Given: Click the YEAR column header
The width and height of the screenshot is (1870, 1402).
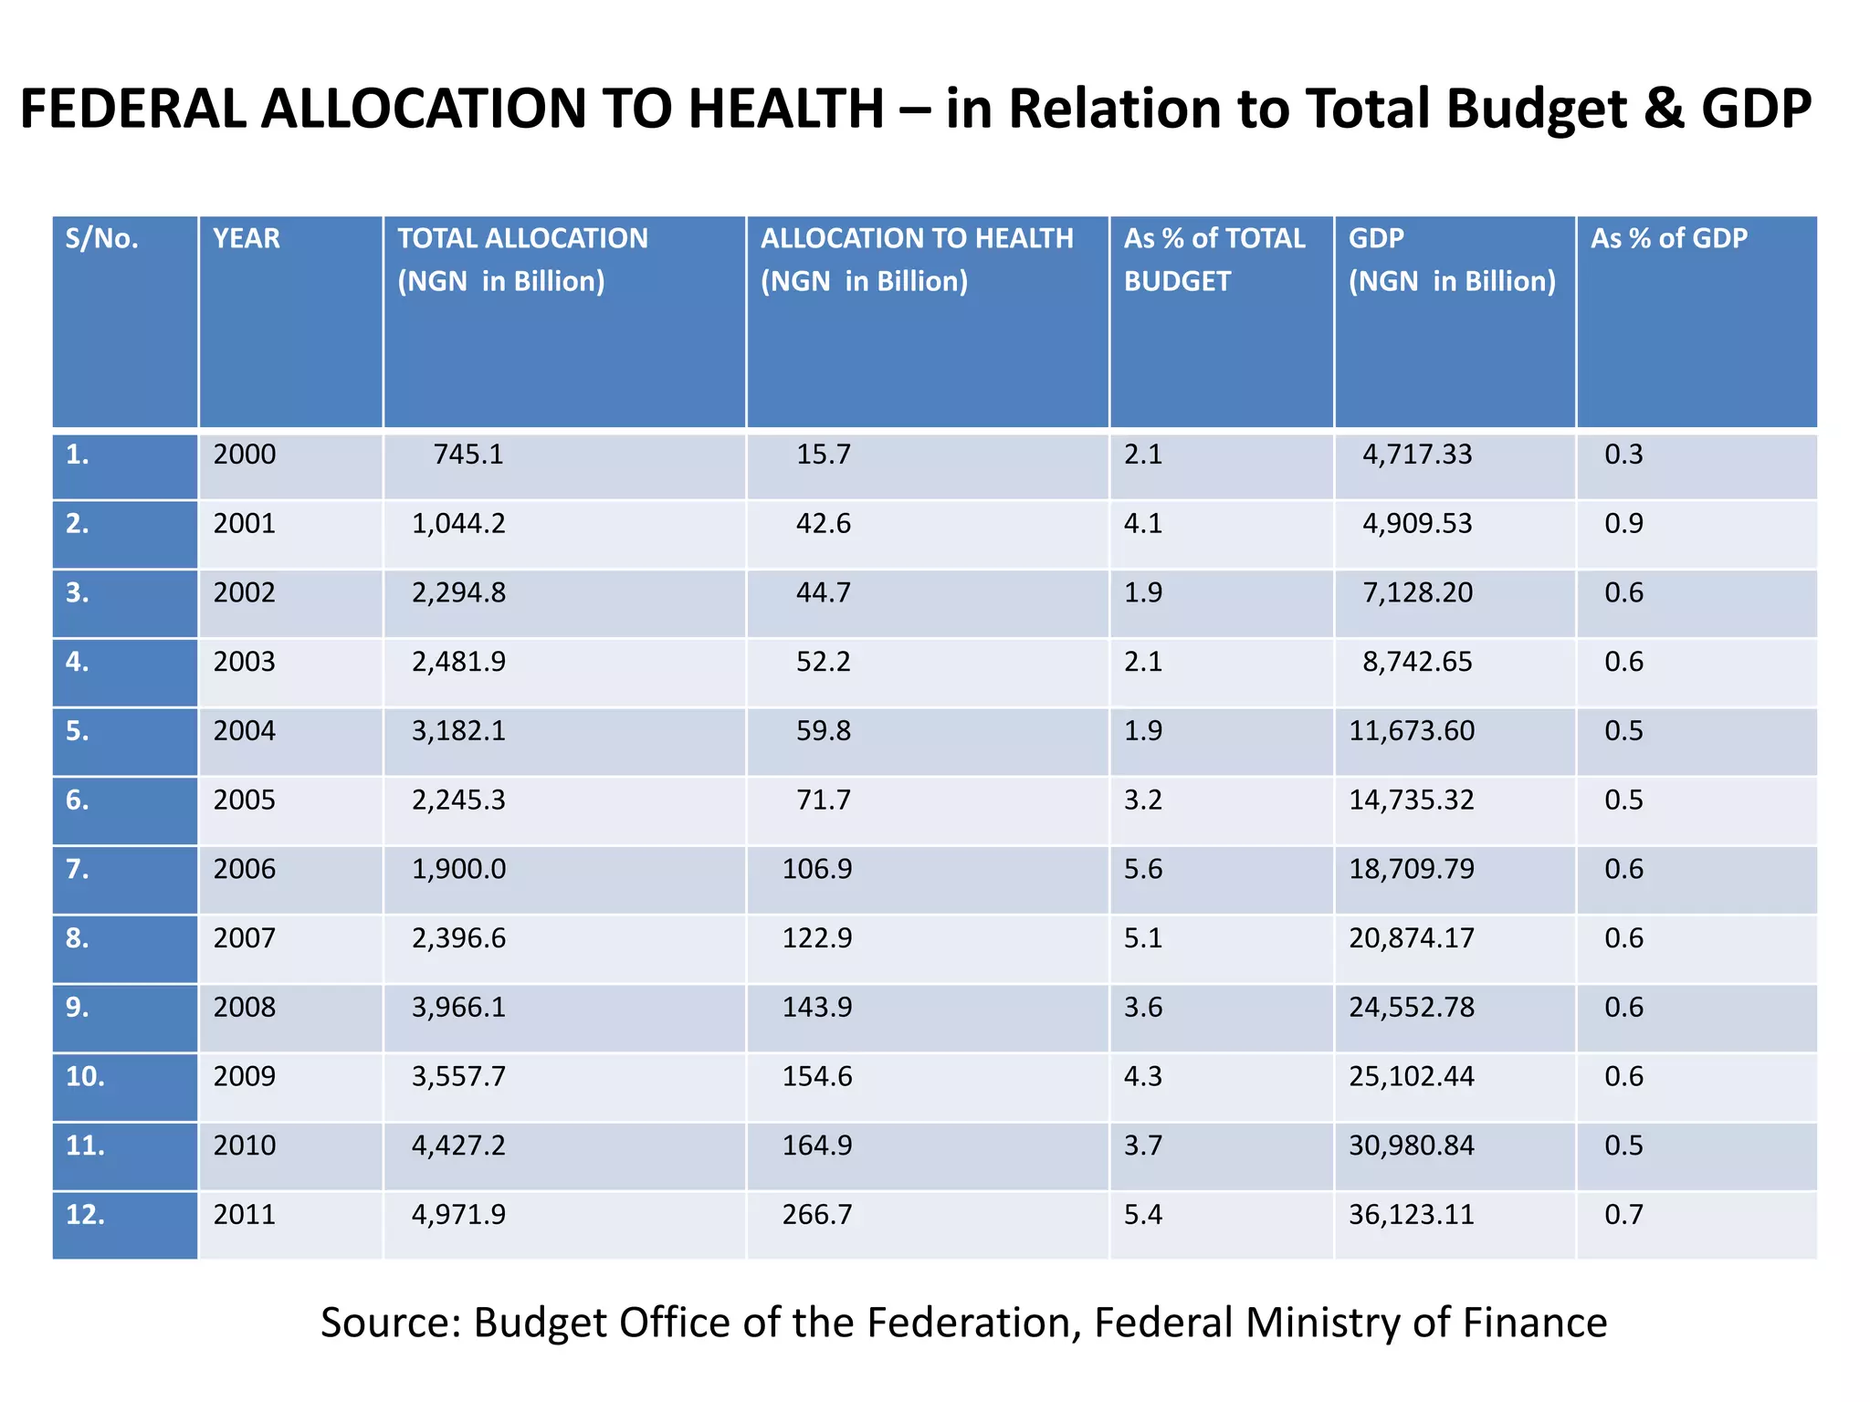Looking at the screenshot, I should tap(247, 239).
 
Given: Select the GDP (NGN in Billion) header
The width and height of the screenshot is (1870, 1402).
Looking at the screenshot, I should tap(1452, 260).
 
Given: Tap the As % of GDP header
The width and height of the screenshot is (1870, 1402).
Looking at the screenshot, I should tap(1668, 239).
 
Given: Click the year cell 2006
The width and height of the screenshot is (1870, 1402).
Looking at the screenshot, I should tap(244, 869).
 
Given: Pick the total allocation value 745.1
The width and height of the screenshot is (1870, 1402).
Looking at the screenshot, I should tap(468, 455).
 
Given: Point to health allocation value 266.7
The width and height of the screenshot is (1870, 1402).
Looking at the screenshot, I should tap(816, 1215).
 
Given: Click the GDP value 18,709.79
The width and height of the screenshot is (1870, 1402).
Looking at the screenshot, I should tap(1411, 869).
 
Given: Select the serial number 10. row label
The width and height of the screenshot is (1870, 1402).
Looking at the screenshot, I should tap(85, 1077).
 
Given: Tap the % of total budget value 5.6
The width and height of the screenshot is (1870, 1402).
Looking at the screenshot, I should tap(1142, 869).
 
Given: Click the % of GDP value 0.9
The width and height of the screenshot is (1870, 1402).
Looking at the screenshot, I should tap(1623, 524).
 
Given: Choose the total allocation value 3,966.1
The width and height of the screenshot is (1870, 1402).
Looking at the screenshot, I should tap(458, 1008).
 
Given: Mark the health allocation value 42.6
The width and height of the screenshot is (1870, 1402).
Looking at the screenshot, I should tap(823, 524).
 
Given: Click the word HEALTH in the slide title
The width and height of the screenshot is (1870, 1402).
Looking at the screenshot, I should tap(785, 110).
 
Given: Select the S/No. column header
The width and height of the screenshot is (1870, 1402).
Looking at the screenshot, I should tap(101, 239).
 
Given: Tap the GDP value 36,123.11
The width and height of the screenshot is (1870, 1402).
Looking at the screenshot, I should tap(1411, 1215).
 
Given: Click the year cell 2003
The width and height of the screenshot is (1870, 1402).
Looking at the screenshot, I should tap(244, 662).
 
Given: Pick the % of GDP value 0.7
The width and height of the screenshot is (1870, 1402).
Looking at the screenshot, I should tap(1623, 1215).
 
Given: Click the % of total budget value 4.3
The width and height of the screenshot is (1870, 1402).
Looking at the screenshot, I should tap(1142, 1077).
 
